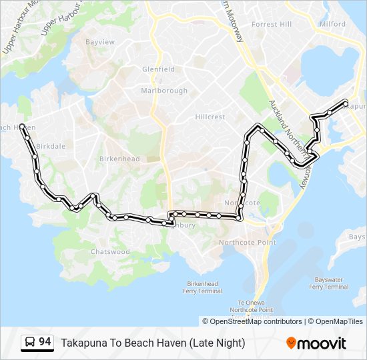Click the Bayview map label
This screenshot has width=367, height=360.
point(101,42)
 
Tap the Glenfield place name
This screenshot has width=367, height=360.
point(158,69)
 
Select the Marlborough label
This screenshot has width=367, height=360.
point(164,91)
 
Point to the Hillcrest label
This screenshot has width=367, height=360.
point(210,117)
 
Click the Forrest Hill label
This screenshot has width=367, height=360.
point(272,24)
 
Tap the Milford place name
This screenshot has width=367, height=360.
point(333,24)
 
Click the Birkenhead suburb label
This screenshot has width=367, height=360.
point(119,159)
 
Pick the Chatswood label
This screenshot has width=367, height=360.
point(110,252)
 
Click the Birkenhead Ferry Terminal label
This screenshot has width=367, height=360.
point(204,287)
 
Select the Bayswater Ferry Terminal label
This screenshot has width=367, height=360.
point(329,283)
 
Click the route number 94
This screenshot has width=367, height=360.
point(45,342)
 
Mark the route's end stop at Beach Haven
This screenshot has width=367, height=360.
point(23,126)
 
